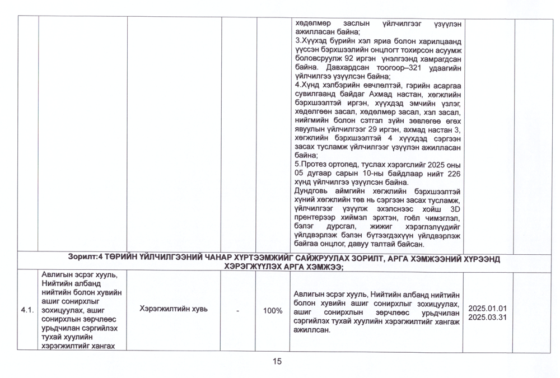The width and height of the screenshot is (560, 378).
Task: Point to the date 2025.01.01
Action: tap(487, 309)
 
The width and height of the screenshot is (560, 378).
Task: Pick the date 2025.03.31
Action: tap(487, 318)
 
